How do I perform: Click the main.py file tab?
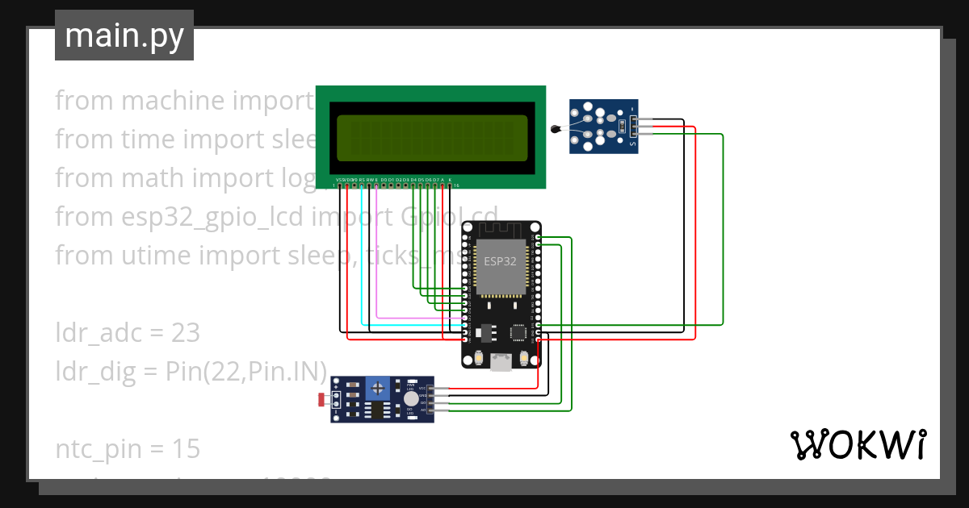pyautogui.click(x=124, y=35)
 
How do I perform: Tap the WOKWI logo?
pyautogui.click(x=857, y=444)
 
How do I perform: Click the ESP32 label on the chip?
pyautogui.click(x=500, y=261)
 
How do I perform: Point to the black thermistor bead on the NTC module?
pyautogui.click(x=555, y=129)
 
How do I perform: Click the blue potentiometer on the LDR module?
pyautogui.click(x=376, y=389)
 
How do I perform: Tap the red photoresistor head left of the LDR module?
pyautogui.click(x=322, y=398)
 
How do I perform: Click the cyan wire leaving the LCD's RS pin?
pyautogui.click(x=362, y=258)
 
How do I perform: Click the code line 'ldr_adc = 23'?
pyautogui.click(x=127, y=332)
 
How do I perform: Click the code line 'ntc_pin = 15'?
pyautogui.click(x=127, y=448)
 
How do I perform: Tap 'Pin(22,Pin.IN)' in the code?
pyautogui.click(x=245, y=371)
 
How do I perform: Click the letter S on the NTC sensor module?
pyautogui.click(x=631, y=144)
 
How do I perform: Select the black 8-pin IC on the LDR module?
pyautogui.click(x=376, y=410)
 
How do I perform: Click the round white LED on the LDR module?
pyautogui.click(x=411, y=398)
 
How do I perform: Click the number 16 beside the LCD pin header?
pyautogui.click(x=456, y=185)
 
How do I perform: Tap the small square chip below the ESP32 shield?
pyautogui.click(x=517, y=331)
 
